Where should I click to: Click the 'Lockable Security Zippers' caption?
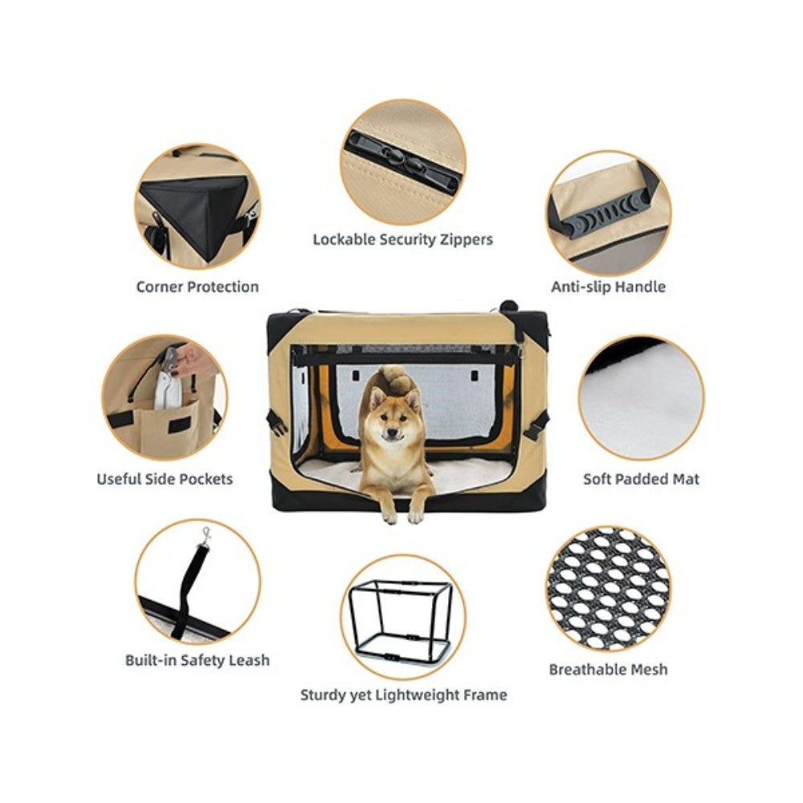[x=402, y=239]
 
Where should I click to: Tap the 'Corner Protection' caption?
[x=198, y=287]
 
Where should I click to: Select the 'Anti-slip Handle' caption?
[x=609, y=287]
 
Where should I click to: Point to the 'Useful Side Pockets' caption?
[x=165, y=479]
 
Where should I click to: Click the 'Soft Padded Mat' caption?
[x=641, y=479]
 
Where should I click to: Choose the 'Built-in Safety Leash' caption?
[x=198, y=660]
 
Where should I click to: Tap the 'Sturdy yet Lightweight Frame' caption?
[x=404, y=695]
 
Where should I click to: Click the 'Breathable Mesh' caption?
[x=609, y=670]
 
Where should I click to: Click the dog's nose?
[x=393, y=433]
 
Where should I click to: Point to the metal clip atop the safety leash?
[x=206, y=536]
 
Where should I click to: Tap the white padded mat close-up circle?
[x=641, y=397]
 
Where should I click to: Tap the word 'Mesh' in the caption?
[x=649, y=670]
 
